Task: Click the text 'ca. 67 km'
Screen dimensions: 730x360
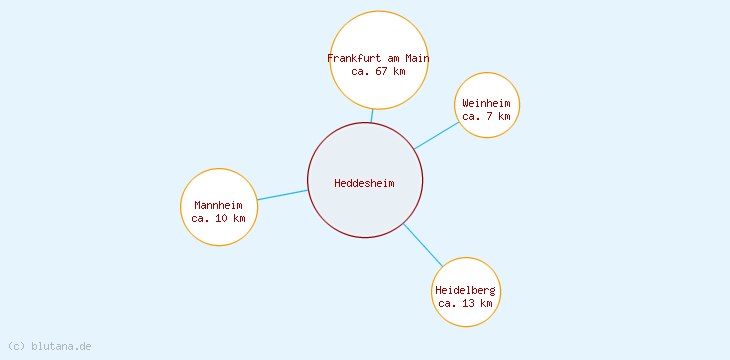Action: coord(379,71)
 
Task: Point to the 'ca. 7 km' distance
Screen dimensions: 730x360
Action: coord(487,116)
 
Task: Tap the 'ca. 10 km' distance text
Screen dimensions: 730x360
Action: coord(218,217)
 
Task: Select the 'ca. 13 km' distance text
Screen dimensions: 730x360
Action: coord(466,303)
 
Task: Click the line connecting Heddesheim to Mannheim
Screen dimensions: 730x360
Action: coord(283,195)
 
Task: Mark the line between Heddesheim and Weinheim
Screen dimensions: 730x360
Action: coord(437,135)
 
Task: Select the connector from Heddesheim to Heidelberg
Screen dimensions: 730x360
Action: coord(422,245)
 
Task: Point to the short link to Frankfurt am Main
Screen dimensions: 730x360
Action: coord(372,115)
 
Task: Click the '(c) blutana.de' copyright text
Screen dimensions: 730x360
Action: coord(50,346)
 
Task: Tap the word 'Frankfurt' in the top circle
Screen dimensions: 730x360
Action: coord(353,58)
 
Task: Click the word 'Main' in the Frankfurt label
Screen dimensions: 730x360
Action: coord(417,58)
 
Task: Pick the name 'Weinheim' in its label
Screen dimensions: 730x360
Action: coord(487,103)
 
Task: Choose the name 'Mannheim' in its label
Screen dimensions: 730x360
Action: coord(218,205)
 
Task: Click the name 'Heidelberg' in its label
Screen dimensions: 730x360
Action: coord(466,290)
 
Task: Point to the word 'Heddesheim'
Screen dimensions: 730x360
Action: coord(365,183)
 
